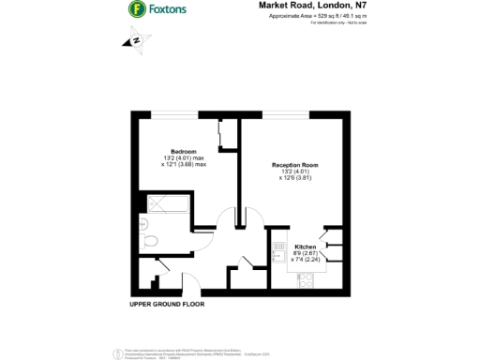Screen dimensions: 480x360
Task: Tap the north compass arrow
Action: coord(136,40)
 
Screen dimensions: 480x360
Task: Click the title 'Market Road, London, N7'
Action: coord(299,6)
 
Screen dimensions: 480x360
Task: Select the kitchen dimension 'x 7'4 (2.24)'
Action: coord(293,259)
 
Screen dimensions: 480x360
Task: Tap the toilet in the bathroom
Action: coord(150,241)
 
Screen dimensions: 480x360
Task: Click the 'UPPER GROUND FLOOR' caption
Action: coord(166,305)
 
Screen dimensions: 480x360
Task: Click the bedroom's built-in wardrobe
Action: coord(224,136)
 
